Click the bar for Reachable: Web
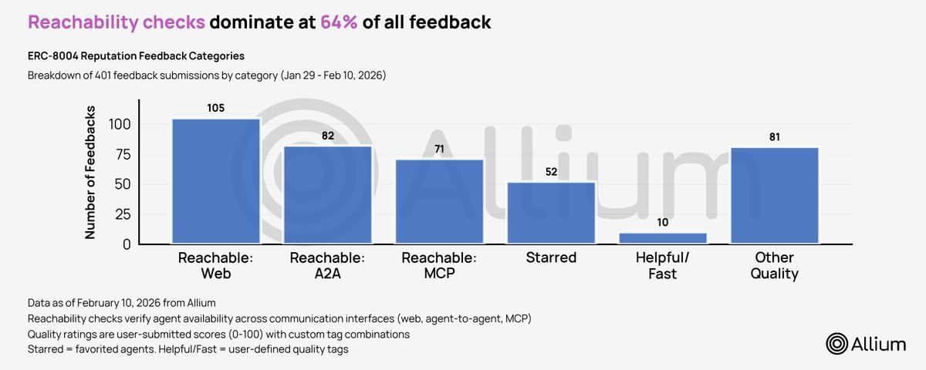click(216, 182)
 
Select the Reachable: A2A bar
click(328, 195)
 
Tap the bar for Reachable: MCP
click(440, 202)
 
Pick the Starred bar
click(551, 214)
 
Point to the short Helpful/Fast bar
click(663, 239)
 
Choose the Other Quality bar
click(774, 196)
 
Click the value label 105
click(216, 108)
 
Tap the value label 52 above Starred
click(551, 171)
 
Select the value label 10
click(663, 222)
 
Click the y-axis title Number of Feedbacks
click(91, 173)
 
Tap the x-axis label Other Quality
click(774, 266)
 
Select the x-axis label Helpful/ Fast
click(663, 266)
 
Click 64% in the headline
click(339, 22)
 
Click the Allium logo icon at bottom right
click(837, 345)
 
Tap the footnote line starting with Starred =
click(188, 350)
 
